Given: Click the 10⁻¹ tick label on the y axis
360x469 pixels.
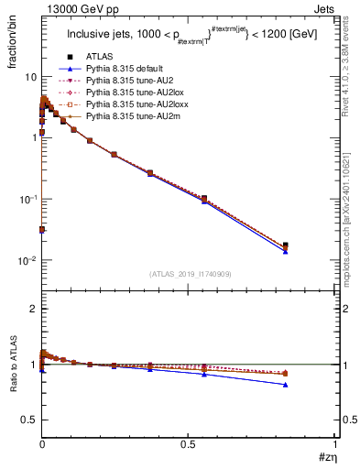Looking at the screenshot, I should coord(25,199).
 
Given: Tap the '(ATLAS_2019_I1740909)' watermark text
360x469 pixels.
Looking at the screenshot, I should coord(189,274).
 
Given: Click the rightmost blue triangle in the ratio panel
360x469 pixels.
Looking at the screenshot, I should coord(286,385).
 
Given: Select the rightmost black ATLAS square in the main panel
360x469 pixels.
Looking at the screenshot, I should coord(286,245).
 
